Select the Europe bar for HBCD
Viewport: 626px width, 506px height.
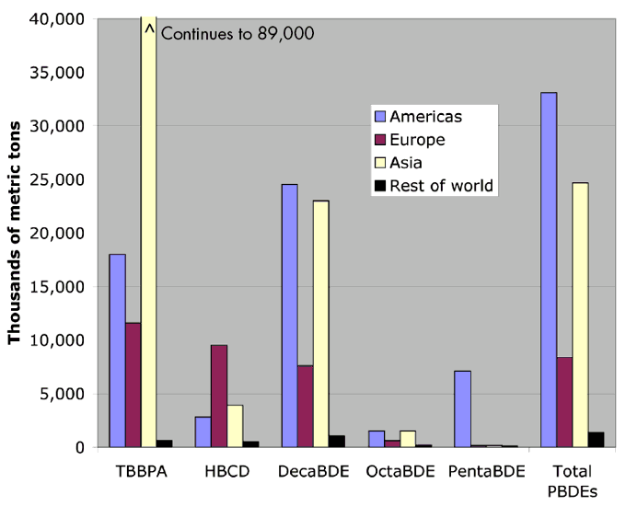[x=219, y=396]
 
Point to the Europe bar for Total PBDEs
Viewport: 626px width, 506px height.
[x=564, y=402]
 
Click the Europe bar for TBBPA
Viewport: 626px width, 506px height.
[x=133, y=385]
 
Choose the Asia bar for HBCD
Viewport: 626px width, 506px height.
[x=235, y=426]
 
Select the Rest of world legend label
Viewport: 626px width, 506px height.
[x=442, y=186]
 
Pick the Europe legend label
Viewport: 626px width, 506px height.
[x=417, y=140]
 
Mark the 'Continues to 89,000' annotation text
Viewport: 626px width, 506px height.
[x=238, y=34]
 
